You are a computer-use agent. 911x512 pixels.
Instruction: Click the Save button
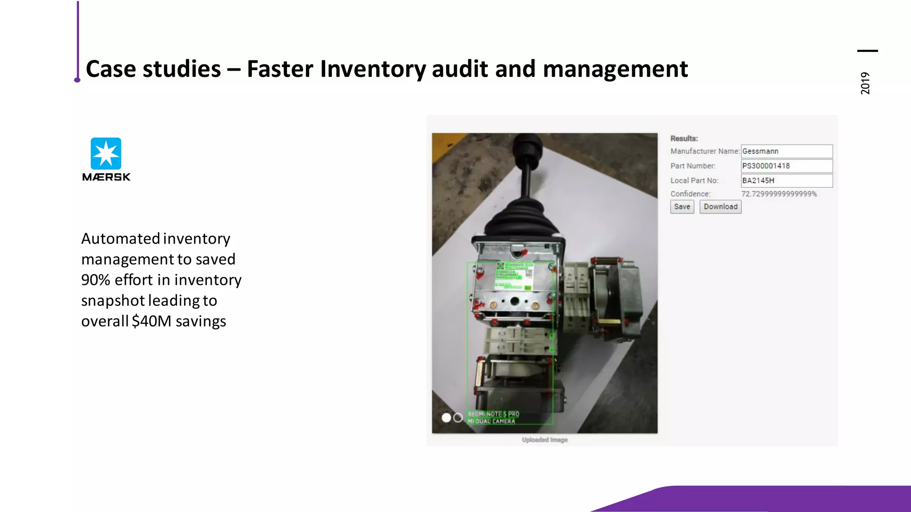click(x=682, y=207)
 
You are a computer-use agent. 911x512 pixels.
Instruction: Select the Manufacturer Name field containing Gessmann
click(x=786, y=151)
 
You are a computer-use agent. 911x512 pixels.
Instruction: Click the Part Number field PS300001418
click(x=786, y=166)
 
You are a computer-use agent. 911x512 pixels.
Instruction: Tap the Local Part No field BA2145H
click(x=786, y=180)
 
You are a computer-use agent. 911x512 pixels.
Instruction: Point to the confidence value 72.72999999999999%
click(x=779, y=194)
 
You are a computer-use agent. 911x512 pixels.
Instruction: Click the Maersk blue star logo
click(x=106, y=153)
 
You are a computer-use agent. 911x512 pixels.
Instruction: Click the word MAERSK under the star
click(x=106, y=177)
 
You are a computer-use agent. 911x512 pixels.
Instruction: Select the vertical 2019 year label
click(x=865, y=83)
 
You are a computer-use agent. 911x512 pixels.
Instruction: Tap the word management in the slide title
click(x=615, y=69)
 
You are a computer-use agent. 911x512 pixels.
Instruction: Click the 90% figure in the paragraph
click(x=96, y=280)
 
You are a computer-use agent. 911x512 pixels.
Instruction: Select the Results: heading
click(x=684, y=138)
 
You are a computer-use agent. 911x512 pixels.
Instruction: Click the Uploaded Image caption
click(x=544, y=440)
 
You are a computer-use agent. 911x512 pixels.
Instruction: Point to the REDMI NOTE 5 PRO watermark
click(x=493, y=414)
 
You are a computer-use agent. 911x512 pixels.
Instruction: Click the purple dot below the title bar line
click(x=77, y=80)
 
